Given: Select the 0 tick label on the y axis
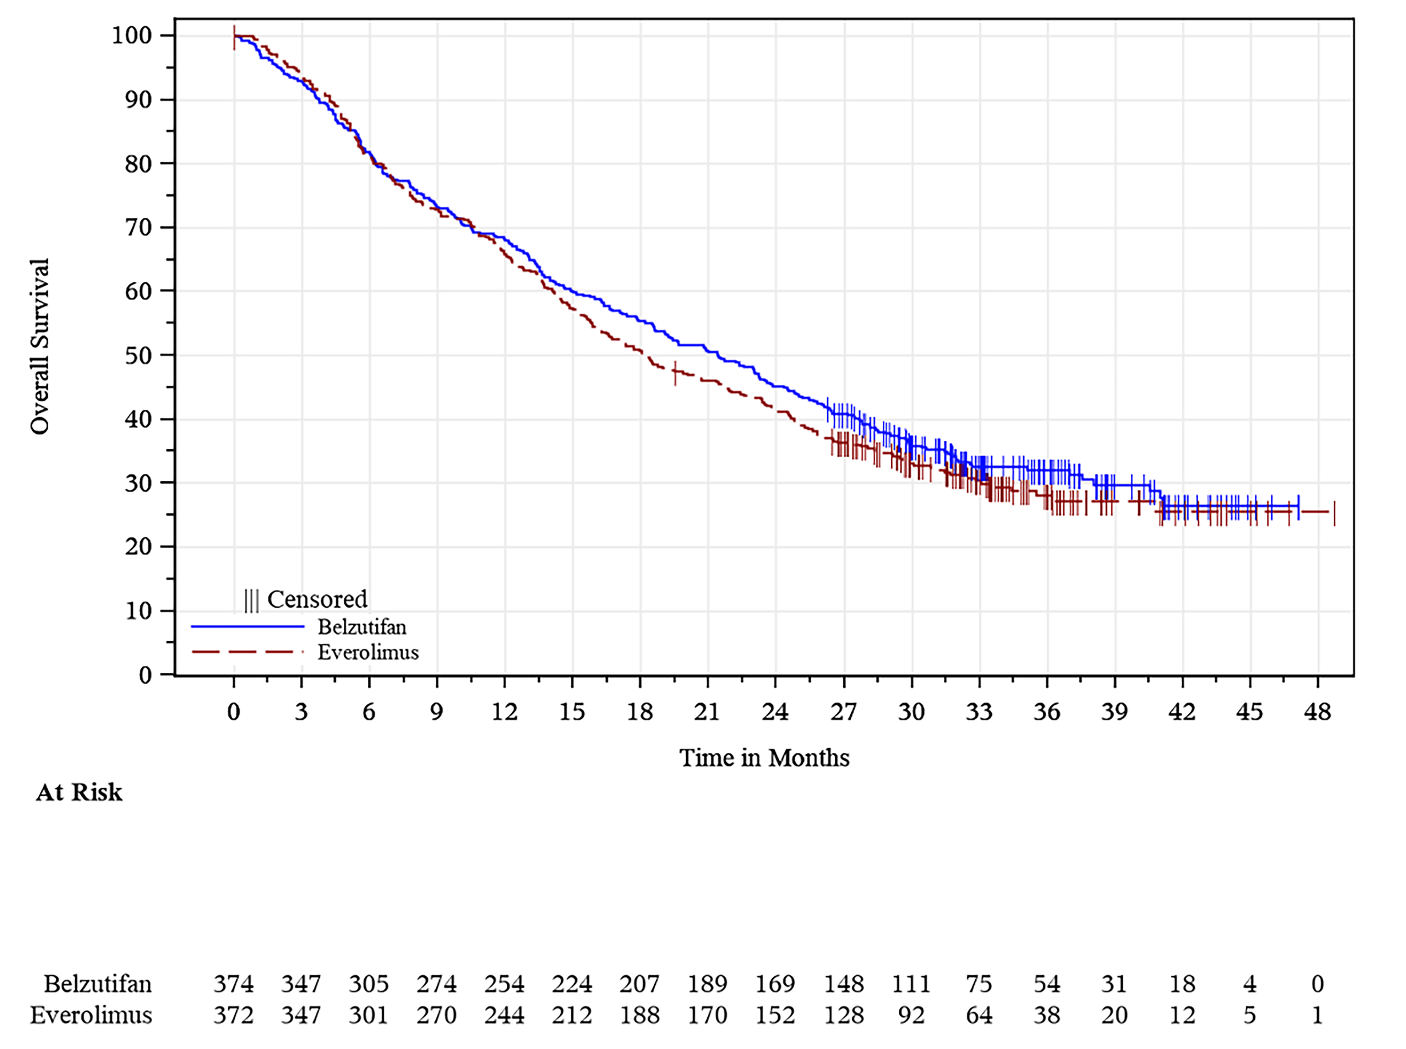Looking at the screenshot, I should [146, 675].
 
